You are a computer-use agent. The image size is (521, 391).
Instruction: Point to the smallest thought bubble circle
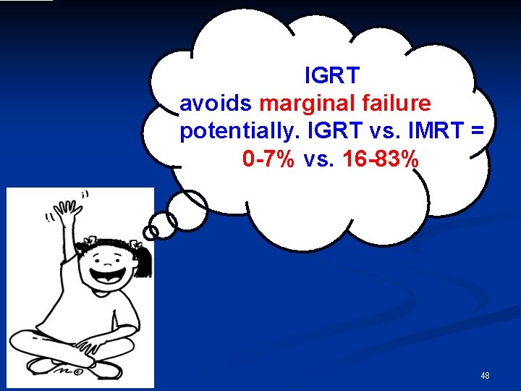[x=151, y=232]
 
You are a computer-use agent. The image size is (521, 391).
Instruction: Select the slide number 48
[x=485, y=376]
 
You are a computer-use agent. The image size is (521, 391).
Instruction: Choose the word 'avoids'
[x=216, y=104]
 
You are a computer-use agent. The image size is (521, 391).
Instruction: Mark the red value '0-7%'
[x=269, y=159]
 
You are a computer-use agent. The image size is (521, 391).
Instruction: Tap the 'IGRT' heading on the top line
[x=332, y=75]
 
